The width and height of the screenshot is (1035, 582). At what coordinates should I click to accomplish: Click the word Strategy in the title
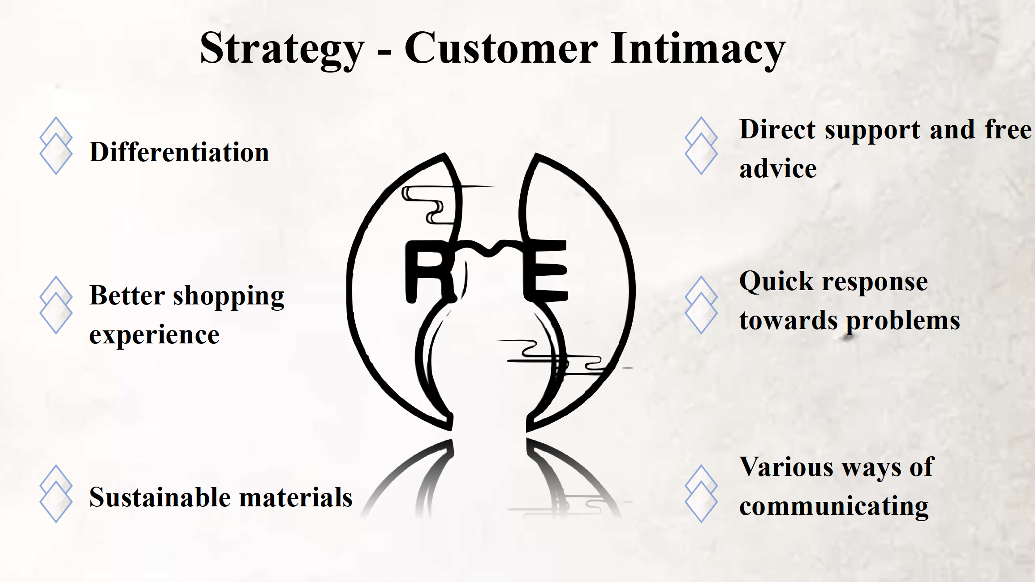(x=282, y=50)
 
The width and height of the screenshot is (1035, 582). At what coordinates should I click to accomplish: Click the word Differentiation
(x=179, y=152)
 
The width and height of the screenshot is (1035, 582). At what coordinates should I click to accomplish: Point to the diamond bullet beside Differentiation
(x=56, y=145)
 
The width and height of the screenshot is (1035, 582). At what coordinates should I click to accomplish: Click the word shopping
(x=229, y=297)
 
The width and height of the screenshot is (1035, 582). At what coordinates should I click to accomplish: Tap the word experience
(x=155, y=336)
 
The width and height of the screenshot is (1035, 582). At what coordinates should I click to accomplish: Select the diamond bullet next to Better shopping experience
(x=56, y=305)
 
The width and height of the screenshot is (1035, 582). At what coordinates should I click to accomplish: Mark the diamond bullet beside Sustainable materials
(x=56, y=494)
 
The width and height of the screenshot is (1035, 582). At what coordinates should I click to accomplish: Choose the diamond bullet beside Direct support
(x=701, y=145)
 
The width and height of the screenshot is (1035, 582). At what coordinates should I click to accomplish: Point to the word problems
(x=903, y=321)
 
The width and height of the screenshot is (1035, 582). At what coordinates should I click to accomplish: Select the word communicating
(x=834, y=507)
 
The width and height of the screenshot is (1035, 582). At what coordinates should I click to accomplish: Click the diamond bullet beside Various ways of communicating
(x=701, y=494)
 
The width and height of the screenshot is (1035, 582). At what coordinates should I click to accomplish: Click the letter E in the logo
(x=545, y=270)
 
